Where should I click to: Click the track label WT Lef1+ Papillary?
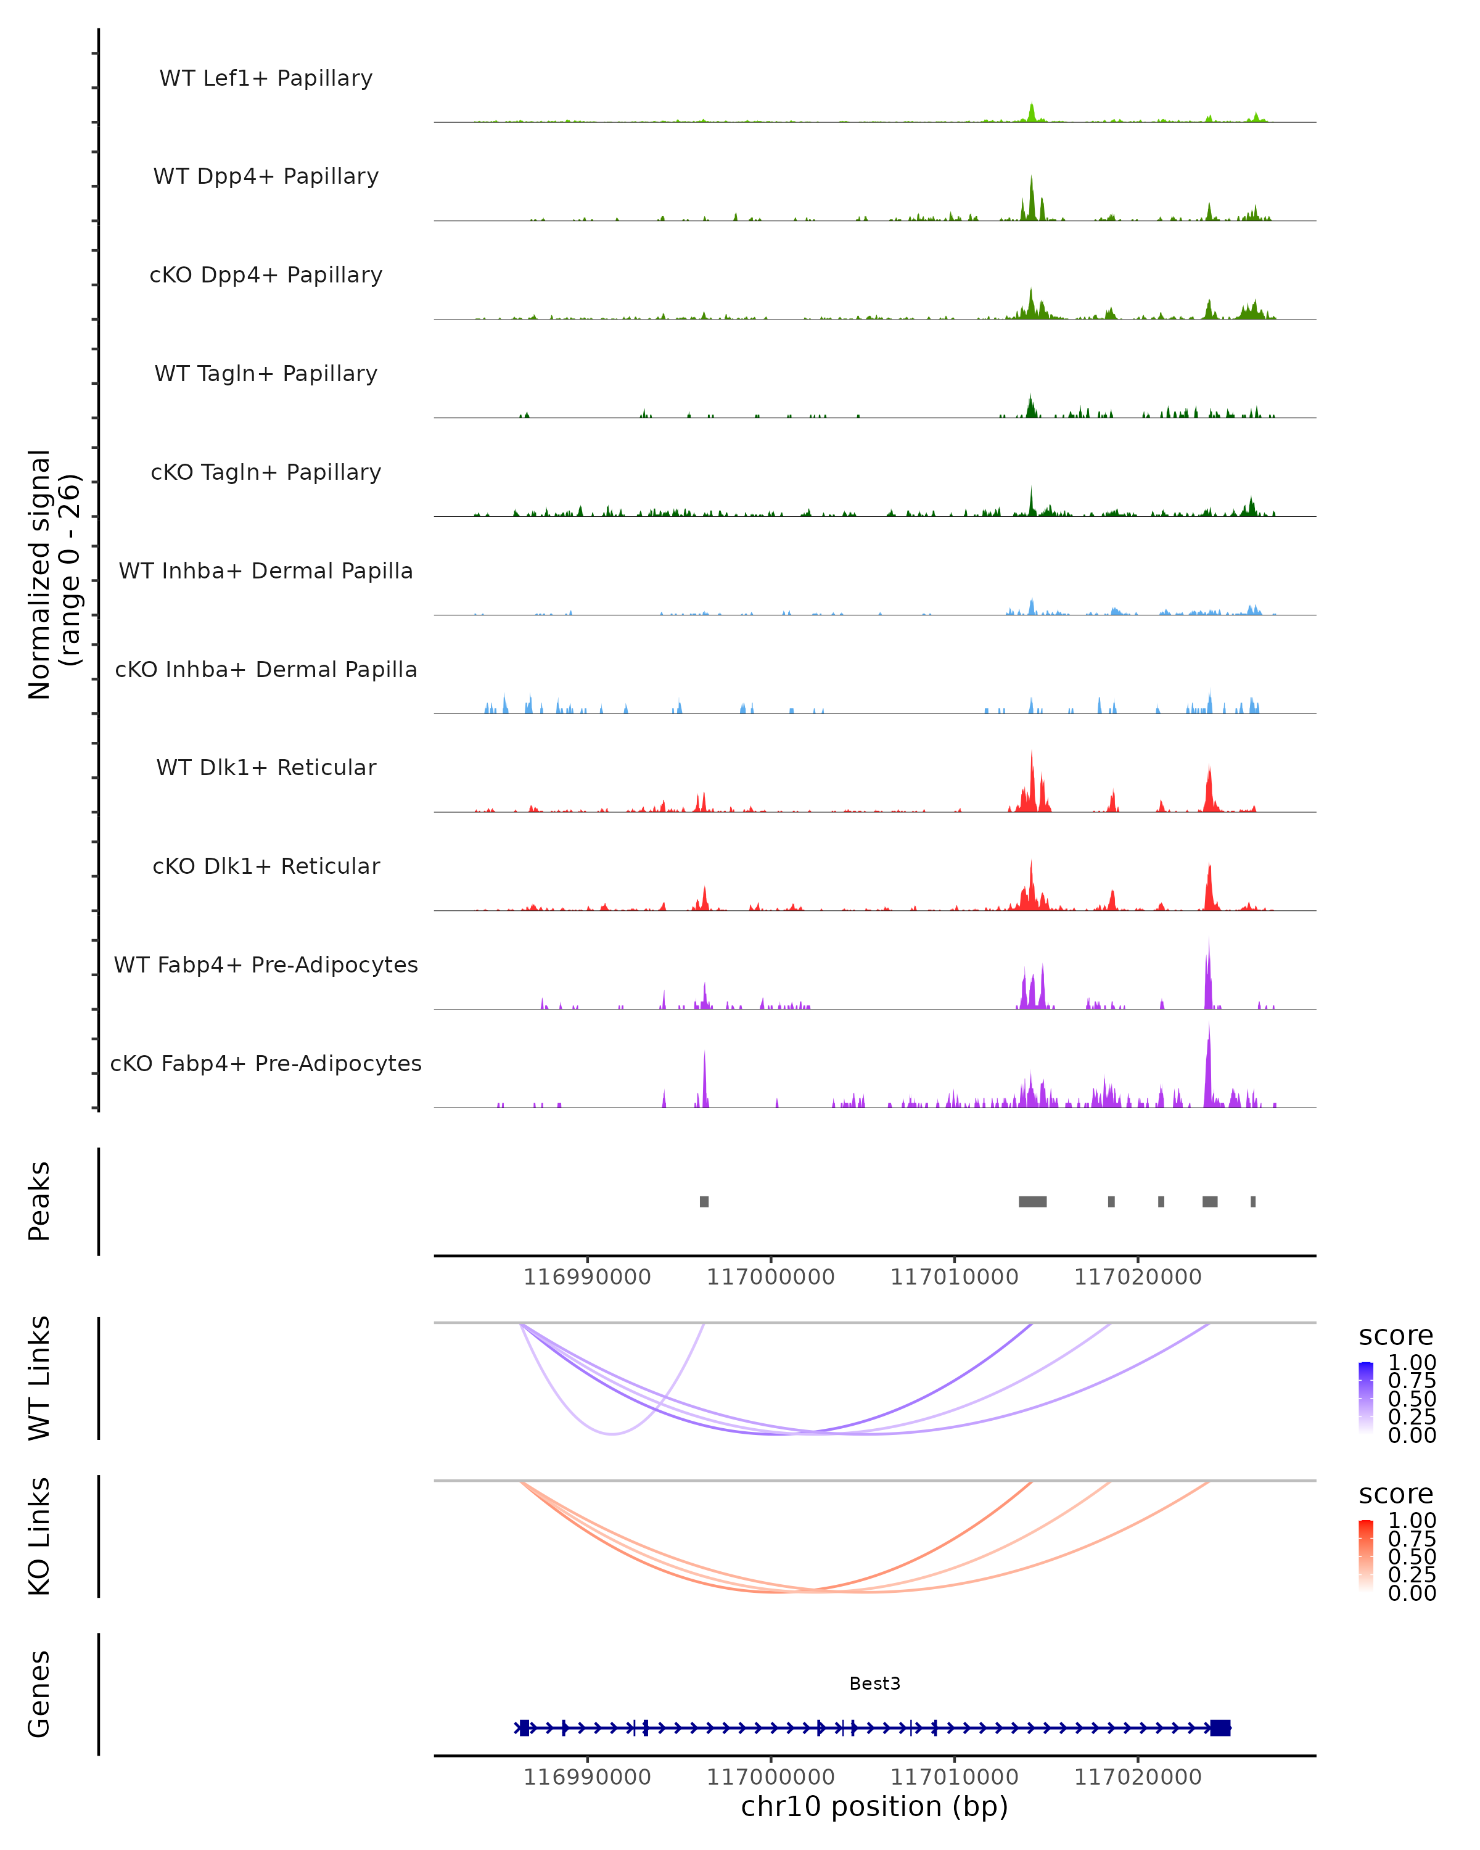coord(266,78)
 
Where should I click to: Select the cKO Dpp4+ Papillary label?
coord(266,276)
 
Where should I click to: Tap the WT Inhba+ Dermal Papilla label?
coord(266,572)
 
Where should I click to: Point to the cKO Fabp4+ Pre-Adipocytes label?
coord(266,1064)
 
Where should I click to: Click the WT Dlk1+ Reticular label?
coord(266,768)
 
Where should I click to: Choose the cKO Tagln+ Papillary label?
coord(266,473)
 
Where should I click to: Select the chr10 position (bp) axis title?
coord(874,1807)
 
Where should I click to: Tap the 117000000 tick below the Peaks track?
coord(770,1278)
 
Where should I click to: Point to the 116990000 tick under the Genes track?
coord(587,1777)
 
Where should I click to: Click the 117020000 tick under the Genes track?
coord(1138,1777)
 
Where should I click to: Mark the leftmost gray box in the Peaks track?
coord(704,1201)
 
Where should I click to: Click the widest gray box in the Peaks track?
coord(1032,1201)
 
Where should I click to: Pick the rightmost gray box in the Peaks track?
coord(1252,1201)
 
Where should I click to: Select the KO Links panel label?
coord(39,1536)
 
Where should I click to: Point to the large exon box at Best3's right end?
coord(1220,1727)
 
